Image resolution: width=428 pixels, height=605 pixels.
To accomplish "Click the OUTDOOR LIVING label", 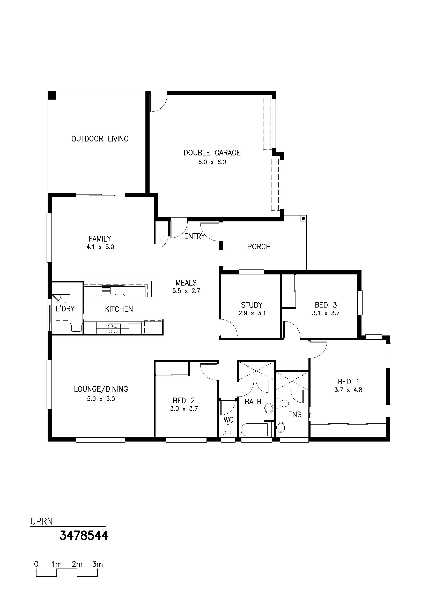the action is coord(100,139).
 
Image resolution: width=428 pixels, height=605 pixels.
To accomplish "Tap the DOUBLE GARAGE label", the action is coord(212,153).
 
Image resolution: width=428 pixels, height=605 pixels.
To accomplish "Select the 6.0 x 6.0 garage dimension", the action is coord(212,162).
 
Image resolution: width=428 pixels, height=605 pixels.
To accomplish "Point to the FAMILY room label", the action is coord(100,239).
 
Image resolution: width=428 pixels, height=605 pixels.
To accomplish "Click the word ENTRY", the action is coord(195,237).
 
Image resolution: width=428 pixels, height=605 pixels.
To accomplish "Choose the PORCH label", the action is coord(259,247).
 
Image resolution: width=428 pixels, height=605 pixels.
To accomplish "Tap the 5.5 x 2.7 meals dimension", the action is coord(186,291).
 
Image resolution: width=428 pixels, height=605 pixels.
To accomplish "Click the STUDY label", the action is coord(252,305).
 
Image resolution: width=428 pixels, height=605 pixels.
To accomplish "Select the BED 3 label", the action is coord(326,305).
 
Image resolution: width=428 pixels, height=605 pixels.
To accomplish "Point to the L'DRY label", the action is coord(65,309).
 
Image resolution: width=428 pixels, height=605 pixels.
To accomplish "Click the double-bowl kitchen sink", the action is coord(113,291).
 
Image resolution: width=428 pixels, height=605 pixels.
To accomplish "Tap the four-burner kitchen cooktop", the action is coord(113,328).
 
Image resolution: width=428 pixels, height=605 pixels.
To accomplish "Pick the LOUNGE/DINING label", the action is coord(101,389).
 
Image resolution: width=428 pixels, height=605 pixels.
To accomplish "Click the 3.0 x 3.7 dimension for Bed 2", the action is coord(184,409).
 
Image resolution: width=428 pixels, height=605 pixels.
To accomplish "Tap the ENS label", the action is coord(295,415).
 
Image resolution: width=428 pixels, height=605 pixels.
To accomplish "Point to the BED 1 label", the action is coord(348,382).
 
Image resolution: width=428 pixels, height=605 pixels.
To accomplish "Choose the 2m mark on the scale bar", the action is coord(77,564).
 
